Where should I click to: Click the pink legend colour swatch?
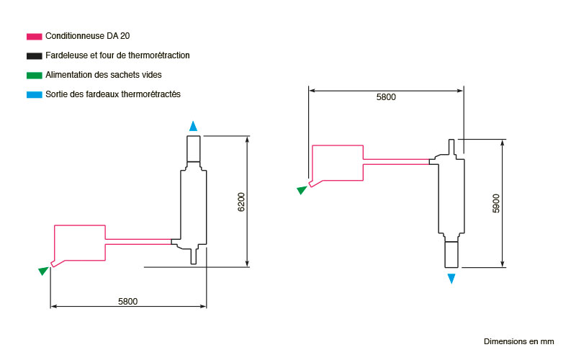tap(34, 37)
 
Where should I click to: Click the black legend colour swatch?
tap(34, 56)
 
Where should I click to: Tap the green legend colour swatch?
tap(34, 76)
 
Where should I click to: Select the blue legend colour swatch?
tap(34, 95)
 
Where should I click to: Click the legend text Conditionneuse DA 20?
tap(87, 36)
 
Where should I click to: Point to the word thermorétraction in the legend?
tap(158, 55)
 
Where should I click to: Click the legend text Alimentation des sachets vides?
tap(104, 75)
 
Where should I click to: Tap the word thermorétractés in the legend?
tap(150, 94)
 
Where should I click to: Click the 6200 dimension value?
tap(241, 202)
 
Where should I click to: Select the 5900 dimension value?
tap(496, 204)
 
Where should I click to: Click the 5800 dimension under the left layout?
tap(128, 302)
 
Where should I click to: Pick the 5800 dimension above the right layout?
tap(386, 97)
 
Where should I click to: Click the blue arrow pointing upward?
tap(193, 126)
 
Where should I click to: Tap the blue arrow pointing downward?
tap(451, 279)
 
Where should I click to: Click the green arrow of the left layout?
tap(43, 271)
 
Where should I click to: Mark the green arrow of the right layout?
tap(302, 190)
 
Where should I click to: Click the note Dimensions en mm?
tap(518, 341)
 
